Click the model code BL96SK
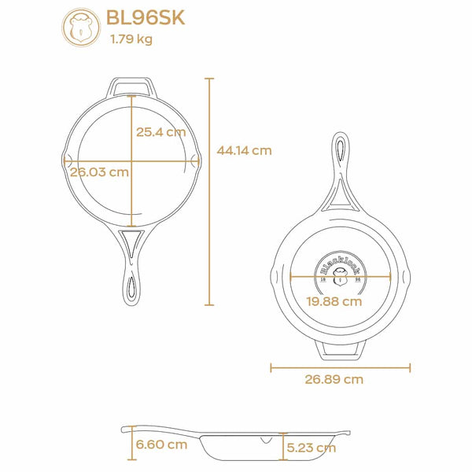[x=146, y=18]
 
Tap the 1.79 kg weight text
[x=131, y=39]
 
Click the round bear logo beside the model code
[x=81, y=28]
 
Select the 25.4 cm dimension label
[x=160, y=132]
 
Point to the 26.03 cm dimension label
[x=99, y=172]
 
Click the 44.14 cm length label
[x=244, y=150]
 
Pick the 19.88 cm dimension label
[x=334, y=301]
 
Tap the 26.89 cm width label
[x=334, y=379]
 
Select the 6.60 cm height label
[x=161, y=444]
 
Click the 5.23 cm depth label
[x=312, y=448]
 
